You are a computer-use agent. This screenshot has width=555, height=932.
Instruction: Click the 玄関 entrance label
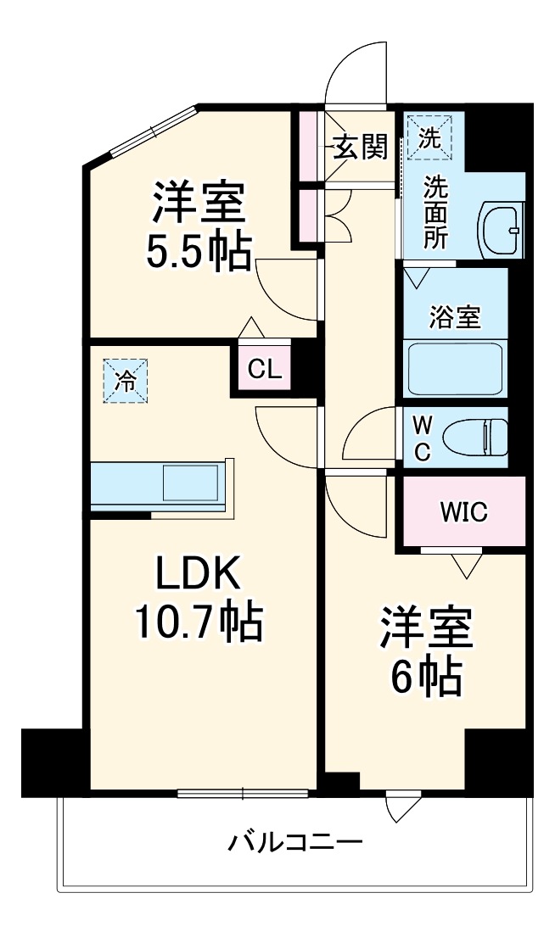[x=360, y=148]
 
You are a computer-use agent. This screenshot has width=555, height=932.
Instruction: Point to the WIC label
[x=463, y=512]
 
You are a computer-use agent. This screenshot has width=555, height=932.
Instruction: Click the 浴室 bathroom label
[x=455, y=317]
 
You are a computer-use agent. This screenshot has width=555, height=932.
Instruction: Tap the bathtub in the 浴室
[x=455, y=367]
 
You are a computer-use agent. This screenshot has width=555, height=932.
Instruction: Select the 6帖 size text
[x=424, y=676]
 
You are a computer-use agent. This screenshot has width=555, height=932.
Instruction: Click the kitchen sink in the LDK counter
[x=192, y=483]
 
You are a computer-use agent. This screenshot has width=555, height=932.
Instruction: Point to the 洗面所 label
[x=435, y=211]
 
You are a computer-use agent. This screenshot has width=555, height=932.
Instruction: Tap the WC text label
[x=422, y=438]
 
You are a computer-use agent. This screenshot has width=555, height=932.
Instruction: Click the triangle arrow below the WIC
[x=463, y=564]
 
